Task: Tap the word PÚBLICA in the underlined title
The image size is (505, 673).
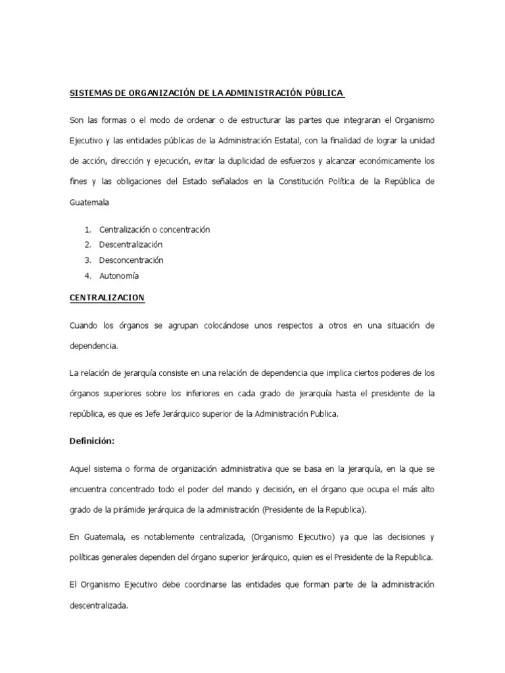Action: tap(322, 93)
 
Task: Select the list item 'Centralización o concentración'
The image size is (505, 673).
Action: tap(155, 229)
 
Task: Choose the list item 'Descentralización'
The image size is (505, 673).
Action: tap(131, 244)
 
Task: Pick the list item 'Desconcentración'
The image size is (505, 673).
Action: tap(132, 260)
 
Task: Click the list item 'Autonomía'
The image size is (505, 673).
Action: tap(119, 276)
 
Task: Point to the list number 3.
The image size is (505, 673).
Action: tap(87, 260)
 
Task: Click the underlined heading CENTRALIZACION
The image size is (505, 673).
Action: tap(107, 298)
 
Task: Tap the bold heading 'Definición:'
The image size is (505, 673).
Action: tap(92, 442)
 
